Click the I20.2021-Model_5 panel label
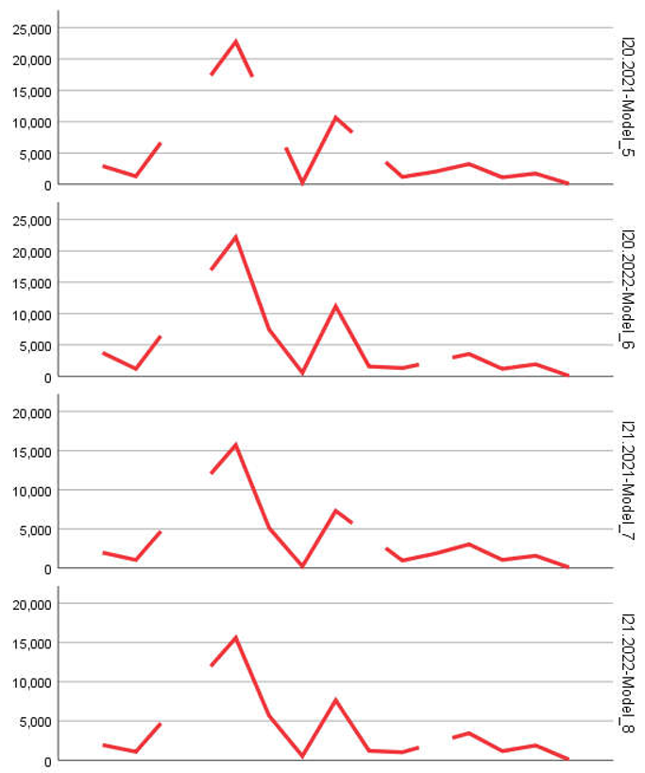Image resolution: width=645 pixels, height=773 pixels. [x=627, y=97]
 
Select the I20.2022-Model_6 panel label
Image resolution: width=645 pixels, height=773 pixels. [x=627, y=289]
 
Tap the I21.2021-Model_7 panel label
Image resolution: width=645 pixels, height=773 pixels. [x=627, y=481]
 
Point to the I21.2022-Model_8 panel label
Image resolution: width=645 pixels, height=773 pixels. [x=627, y=673]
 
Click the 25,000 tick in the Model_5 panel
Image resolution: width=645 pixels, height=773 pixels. [x=31, y=28]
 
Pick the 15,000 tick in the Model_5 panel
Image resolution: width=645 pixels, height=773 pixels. [x=31, y=92]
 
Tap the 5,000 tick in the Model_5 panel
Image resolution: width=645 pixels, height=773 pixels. [x=34, y=154]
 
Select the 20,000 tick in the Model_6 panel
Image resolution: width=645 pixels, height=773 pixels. [x=31, y=252]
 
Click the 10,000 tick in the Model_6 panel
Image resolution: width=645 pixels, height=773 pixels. [x=31, y=314]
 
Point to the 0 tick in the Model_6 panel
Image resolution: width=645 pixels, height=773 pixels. [x=46, y=377]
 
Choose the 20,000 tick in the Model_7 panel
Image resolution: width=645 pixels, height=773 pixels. [x=31, y=412]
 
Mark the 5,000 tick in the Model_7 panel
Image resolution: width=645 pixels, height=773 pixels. [x=34, y=529]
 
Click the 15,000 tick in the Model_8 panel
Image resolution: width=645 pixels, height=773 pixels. [x=31, y=643]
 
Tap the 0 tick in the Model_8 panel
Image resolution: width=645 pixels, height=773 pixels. [x=46, y=760]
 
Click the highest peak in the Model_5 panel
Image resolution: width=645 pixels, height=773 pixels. [x=235, y=42]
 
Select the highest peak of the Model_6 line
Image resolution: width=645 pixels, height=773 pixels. [x=235, y=236]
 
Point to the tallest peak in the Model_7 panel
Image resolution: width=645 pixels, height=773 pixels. [x=235, y=445]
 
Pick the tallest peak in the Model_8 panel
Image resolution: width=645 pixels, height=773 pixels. [x=235, y=637]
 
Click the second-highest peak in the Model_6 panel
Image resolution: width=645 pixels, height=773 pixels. [x=335, y=306]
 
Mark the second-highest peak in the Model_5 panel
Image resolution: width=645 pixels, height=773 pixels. [x=335, y=117]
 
